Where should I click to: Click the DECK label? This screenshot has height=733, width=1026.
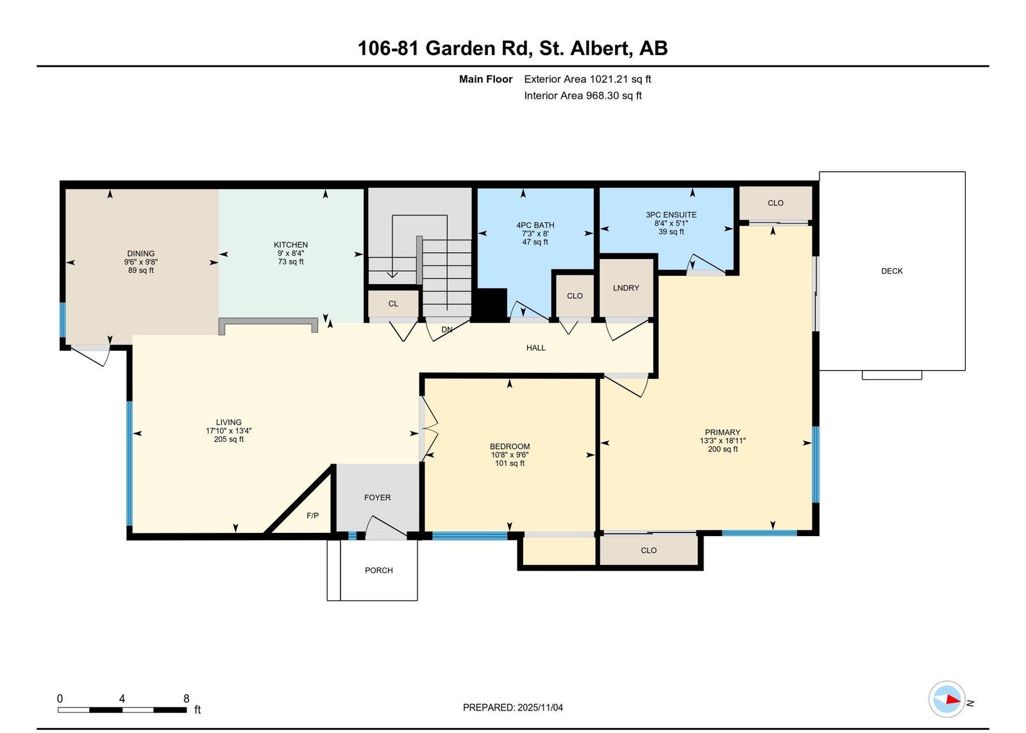click(x=892, y=271)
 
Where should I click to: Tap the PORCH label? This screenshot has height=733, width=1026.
click(x=379, y=570)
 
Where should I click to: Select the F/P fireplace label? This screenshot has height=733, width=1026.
click(x=312, y=516)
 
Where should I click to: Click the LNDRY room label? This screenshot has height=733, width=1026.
click(x=626, y=288)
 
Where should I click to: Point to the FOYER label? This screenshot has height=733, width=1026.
click(x=378, y=498)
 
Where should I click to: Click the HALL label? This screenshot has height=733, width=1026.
click(x=536, y=348)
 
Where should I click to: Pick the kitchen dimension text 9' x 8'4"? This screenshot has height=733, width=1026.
click(x=291, y=253)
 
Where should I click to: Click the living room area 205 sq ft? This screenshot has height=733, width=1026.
click(x=228, y=439)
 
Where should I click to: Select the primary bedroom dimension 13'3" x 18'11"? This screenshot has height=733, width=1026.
click(x=723, y=441)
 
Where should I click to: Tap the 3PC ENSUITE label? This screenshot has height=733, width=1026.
click(x=671, y=215)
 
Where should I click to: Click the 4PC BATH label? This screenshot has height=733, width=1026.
click(x=535, y=225)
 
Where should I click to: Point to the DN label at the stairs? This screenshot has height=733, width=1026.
click(x=447, y=330)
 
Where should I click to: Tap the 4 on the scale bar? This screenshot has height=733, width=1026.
click(x=122, y=698)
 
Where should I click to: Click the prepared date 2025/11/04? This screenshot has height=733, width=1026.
click(x=540, y=708)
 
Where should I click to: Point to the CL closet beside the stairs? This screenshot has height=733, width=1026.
click(x=394, y=304)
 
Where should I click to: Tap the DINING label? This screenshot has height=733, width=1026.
click(x=140, y=254)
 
